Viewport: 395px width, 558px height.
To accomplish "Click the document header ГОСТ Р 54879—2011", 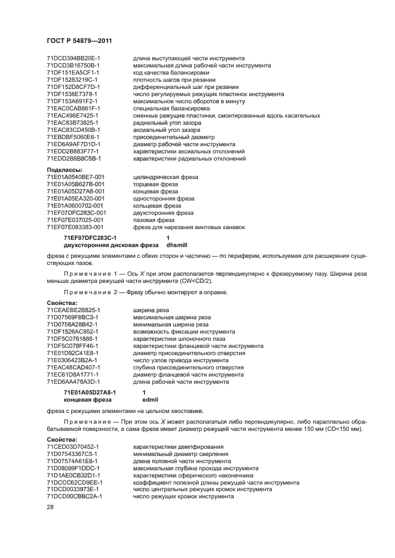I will pyautogui.click(x=79, y=41).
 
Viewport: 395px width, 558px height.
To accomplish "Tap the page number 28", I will pyautogui.click(x=50, y=506).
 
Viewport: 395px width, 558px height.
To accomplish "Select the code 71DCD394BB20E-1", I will pyautogui.click(x=73, y=58).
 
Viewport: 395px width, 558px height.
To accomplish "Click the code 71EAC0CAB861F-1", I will pyautogui.click(x=73, y=108).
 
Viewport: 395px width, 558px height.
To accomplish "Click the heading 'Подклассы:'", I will pyautogui.click(x=64, y=170).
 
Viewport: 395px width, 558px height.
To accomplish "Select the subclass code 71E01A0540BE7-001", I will pyautogui.click(x=75, y=177).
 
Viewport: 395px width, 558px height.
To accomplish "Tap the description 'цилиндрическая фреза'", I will pyautogui.click(x=165, y=177).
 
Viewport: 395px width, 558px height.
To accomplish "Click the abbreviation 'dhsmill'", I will pyautogui.click(x=176, y=245).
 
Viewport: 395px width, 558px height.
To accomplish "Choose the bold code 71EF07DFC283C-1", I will pyautogui.click(x=90, y=238).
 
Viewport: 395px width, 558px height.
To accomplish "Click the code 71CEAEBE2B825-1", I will pyautogui.click(x=73, y=310).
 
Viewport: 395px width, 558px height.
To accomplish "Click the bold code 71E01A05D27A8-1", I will pyautogui.click(x=90, y=392).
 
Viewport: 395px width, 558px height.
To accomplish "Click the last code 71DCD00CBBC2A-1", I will pyautogui.click(x=74, y=497).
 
